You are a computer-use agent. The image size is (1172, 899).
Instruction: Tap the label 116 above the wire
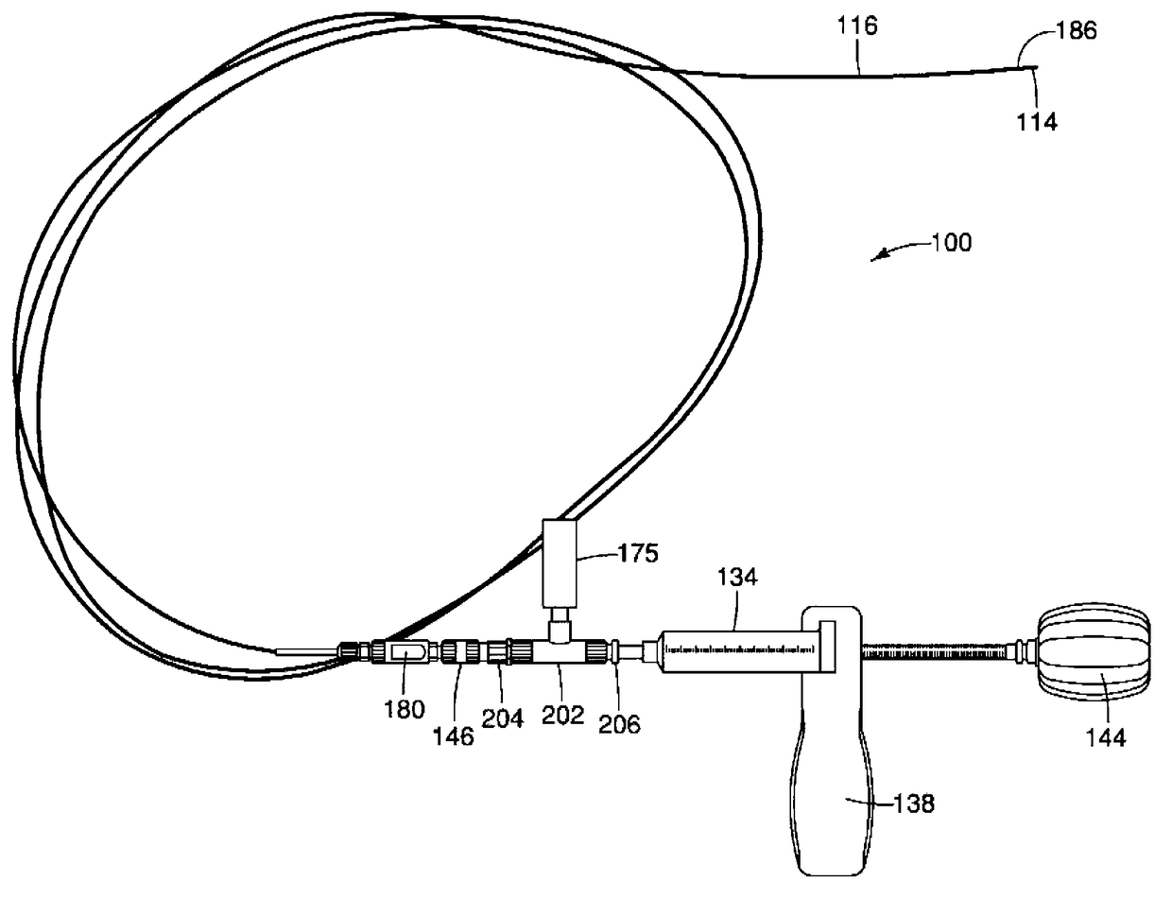click(857, 26)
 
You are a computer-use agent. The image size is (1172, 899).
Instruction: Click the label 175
click(638, 554)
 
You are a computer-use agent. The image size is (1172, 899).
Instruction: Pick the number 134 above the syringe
click(738, 578)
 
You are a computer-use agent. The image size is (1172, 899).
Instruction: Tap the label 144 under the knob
click(1106, 736)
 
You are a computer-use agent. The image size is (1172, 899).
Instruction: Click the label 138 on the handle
click(915, 804)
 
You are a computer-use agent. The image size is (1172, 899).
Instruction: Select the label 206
click(621, 724)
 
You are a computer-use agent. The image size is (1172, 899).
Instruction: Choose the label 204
click(502, 718)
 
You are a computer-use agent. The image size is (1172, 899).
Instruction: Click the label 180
click(405, 709)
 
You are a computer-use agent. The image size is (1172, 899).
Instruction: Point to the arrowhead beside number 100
click(876, 255)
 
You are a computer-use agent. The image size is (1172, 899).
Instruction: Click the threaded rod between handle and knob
click(936, 650)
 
